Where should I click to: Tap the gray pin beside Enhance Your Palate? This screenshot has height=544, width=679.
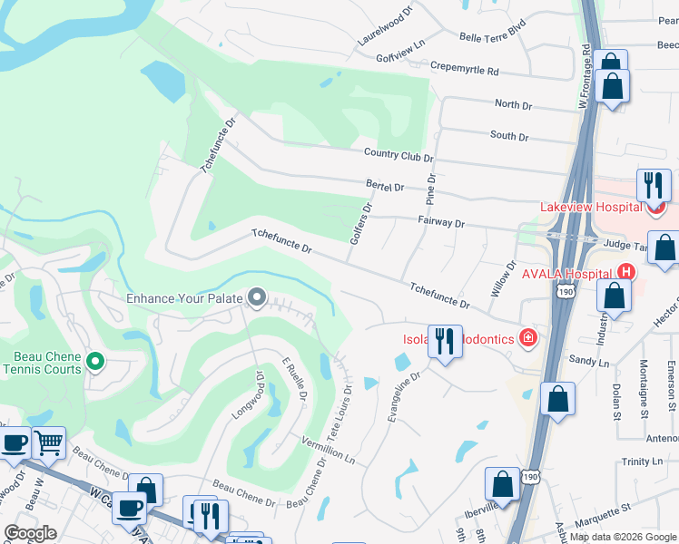(257, 297)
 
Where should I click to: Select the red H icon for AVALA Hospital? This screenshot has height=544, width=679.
(625, 271)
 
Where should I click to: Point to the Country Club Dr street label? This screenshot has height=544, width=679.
(399, 155)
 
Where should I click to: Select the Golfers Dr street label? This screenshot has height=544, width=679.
(361, 223)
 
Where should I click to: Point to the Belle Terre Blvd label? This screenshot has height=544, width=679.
(493, 34)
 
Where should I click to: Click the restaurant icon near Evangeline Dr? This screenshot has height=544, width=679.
(445, 342)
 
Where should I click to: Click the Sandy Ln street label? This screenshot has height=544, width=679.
(588, 361)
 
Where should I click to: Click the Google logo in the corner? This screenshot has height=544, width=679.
(30, 533)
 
